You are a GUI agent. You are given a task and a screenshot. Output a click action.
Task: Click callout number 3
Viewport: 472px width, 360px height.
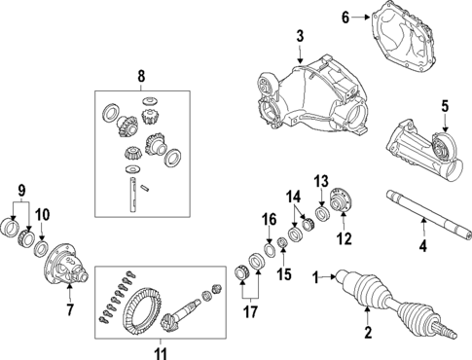click(x=300, y=37)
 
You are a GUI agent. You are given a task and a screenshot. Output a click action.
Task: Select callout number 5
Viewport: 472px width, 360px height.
click(x=444, y=107)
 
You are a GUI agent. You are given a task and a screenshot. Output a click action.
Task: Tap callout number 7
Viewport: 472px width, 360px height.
click(x=69, y=310)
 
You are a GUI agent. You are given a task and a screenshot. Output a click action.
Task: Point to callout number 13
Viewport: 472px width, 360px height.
click(x=322, y=181)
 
